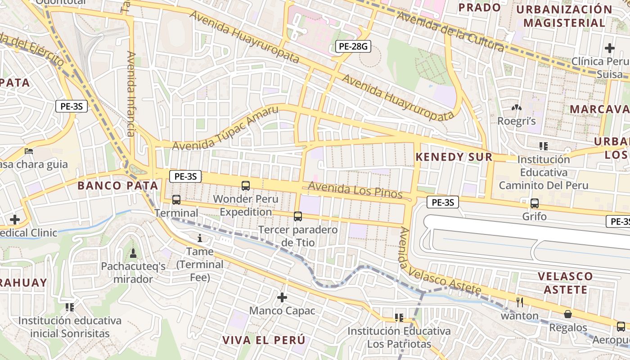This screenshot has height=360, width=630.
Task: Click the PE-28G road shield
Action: (x=353, y=46)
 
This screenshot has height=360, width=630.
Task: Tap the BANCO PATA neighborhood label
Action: (x=118, y=185)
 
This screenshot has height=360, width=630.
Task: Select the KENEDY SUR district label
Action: (x=454, y=157)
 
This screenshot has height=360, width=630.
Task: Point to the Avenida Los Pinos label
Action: (x=355, y=190)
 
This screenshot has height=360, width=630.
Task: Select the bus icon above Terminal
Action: (x=176, y=200)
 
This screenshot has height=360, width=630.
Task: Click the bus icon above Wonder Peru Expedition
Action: (x=246, y=185)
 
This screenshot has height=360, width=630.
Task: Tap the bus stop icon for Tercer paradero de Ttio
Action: (x=298, y=216)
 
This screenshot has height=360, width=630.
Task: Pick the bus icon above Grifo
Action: (x=535, y=203)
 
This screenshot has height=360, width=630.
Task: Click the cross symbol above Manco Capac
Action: (x=282, y=297)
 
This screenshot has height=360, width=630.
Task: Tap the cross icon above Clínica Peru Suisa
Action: (x=610, y=48)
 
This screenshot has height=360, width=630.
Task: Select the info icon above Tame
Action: (x=200, y=238)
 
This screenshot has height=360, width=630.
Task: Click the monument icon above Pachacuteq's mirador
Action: (x=133, y=254)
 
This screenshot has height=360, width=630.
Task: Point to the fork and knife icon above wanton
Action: (x=520, y=302)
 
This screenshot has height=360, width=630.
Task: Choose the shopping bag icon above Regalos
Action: (x=568, y=314)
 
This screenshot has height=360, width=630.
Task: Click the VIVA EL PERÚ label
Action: (x=264, y=340)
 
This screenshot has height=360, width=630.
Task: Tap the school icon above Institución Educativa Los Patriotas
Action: (x=399, y=318)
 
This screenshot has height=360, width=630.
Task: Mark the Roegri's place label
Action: (x=516, y=121)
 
